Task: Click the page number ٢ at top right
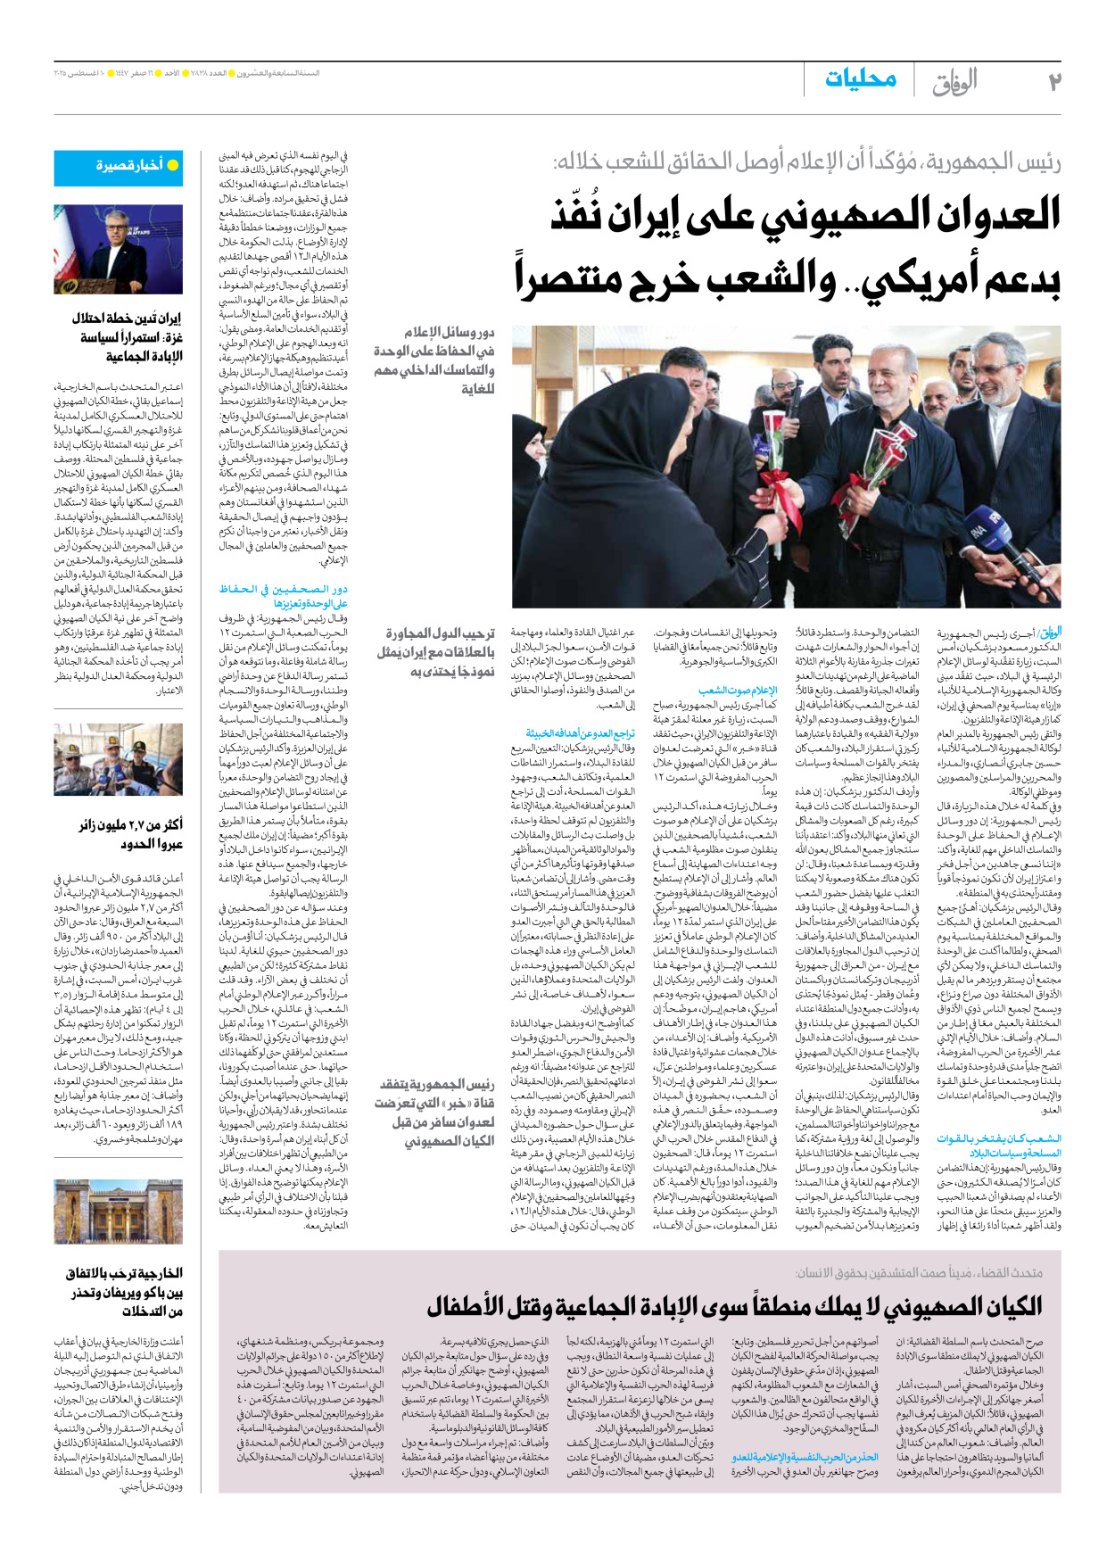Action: pos(1053,82)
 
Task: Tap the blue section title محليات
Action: pos(860,79)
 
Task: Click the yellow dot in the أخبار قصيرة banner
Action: pos(173,165)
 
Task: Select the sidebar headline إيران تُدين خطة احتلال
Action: pos(127,318)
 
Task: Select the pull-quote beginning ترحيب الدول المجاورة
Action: pos(435,651)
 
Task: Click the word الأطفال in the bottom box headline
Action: pos(467,1307)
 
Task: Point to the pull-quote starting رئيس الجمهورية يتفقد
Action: pos(435,1112)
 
